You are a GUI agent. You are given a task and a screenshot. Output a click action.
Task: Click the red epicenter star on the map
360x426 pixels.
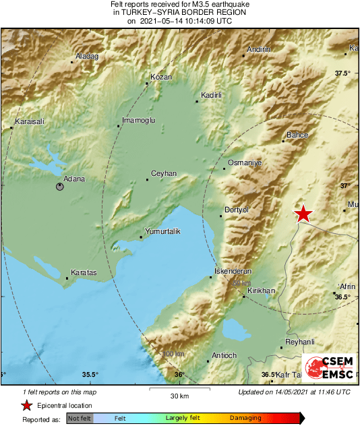[x=304, y=214]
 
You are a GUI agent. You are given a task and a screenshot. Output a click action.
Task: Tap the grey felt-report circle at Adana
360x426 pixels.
[x=60, y=187]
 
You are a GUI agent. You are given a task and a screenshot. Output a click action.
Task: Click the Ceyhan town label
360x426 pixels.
[x=164, y=174]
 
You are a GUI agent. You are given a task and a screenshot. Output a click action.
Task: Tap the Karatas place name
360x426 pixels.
[x=83, y=273]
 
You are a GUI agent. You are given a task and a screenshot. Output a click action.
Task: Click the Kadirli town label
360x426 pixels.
[x=213, y=96]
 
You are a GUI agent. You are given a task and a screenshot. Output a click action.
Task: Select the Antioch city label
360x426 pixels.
[x=224, y=355]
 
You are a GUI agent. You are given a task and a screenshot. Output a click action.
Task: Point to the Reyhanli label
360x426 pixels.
[x=301, y=342]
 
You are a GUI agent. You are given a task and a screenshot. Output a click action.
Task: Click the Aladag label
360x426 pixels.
[x=87, y=56]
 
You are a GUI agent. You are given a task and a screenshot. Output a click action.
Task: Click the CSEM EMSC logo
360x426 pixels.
[x=329, y=368]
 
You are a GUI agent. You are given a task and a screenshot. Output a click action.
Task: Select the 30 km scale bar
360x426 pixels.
[x=179, y=389]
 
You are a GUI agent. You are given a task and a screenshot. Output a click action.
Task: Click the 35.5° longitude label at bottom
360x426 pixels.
[x=90, y=375]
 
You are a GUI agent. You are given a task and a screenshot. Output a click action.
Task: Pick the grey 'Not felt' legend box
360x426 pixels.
[x=80, y=418]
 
